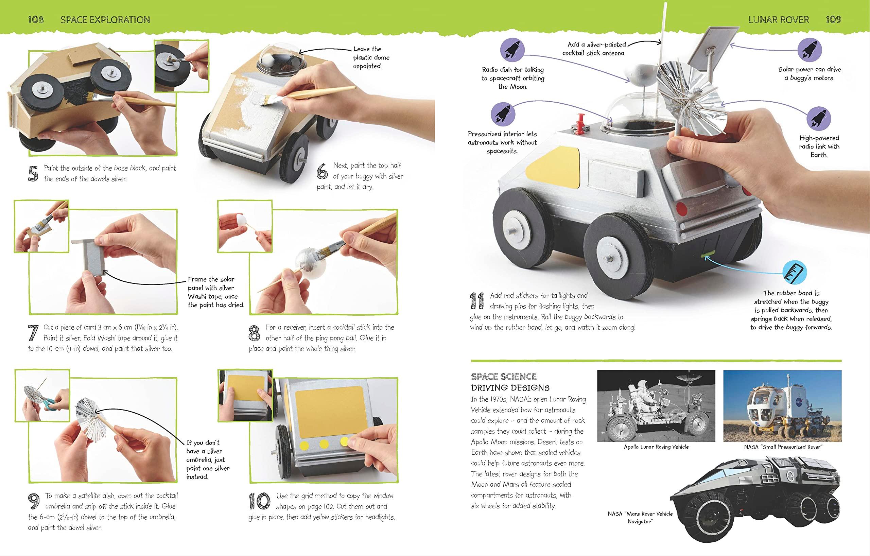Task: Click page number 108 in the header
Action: (36, 19)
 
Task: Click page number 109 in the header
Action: (834, 19)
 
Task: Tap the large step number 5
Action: (33, 173)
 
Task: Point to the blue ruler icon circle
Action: (795, 272)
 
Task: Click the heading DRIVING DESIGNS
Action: (510, 388)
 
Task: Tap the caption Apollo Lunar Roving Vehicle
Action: (656, 447)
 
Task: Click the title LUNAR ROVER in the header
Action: (779, 19)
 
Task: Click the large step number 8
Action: (254, 333)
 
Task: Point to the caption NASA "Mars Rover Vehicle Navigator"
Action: (640, 517)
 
